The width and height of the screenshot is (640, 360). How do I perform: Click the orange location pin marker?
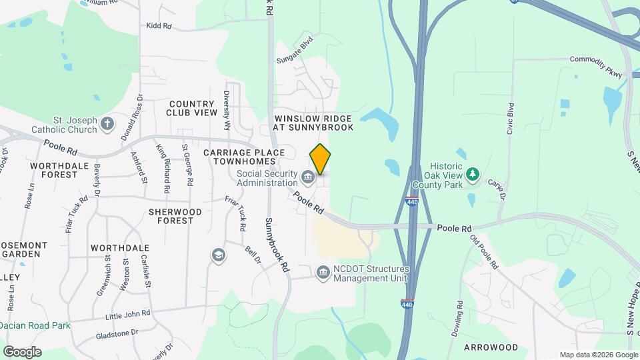321,159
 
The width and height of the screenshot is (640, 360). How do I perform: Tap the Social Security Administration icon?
307,177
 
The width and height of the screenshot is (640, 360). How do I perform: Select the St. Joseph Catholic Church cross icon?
108,123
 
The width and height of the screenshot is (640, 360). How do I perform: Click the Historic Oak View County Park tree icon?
473,174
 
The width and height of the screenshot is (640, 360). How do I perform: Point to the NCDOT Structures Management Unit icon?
323,273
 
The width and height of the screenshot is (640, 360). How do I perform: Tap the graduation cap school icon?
218,255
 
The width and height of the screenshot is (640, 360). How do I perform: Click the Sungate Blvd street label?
295,50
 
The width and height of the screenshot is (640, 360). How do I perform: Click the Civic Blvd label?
511,119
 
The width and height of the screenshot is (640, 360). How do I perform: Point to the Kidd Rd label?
159,26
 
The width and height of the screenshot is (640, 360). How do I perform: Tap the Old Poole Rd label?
484,251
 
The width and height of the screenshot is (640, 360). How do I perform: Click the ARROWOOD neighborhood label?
491,347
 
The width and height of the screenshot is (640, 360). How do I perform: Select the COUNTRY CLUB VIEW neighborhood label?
192,109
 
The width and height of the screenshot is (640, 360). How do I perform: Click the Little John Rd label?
127,313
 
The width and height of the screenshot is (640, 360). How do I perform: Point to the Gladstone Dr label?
117,332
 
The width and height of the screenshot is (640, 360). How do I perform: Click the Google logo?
22,352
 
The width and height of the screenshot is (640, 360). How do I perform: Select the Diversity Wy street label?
227,109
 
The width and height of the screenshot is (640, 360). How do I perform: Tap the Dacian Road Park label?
35,326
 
